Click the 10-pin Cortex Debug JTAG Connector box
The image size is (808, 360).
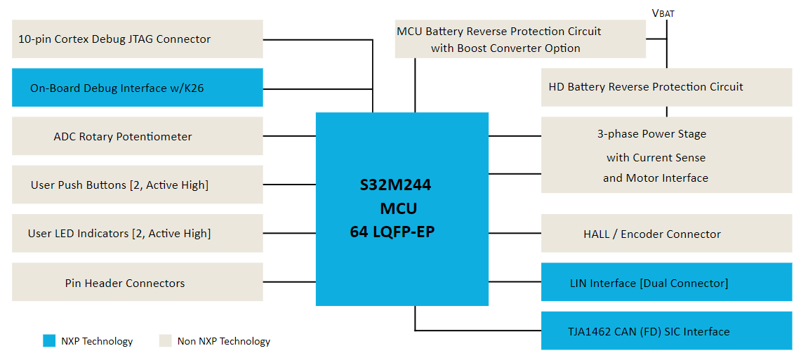tap(138, 39)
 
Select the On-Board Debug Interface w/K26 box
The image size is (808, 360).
tap(138, 88)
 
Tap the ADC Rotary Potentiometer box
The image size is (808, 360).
tap(138, 136)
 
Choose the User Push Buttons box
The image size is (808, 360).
tap(138, 185)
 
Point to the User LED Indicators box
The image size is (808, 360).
tap(138, 234)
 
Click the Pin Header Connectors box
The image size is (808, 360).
tap(138, 283)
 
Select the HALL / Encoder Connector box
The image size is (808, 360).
tap(666, 234)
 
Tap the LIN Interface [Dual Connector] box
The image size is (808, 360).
tap(666, 283)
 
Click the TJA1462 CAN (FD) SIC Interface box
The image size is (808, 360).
tap(666, 331)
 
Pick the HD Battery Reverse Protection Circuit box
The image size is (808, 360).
tap(666, 87)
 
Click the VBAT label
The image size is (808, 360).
tap(663, 13)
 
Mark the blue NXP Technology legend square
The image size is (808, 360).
tap(48, 341)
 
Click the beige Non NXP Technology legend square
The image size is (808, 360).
tap(165, 341)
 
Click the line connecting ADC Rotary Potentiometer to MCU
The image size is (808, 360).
tap(289, 136)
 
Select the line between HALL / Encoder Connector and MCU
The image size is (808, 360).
tap(515, 234)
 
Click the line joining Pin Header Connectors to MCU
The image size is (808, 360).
tap(289, 283)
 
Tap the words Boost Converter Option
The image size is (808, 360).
tap(519, 48)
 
